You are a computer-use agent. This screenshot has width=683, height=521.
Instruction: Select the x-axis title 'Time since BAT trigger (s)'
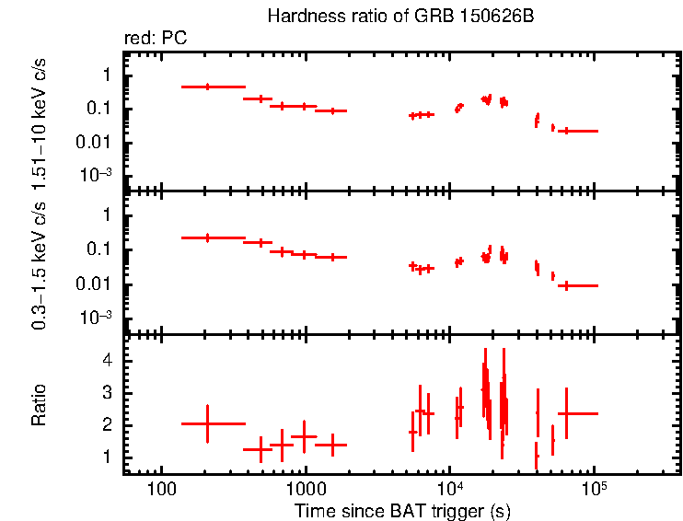402,510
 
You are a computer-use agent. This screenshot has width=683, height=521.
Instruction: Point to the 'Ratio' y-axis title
39,405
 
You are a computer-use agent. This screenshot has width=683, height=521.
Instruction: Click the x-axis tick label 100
162,489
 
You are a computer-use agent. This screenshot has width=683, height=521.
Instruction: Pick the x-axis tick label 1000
306,489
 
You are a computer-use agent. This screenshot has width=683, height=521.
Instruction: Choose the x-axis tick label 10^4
449,488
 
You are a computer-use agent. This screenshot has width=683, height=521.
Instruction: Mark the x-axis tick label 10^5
594,488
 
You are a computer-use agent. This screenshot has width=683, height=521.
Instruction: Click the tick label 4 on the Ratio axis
109,361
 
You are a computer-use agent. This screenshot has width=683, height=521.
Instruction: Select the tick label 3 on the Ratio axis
109,393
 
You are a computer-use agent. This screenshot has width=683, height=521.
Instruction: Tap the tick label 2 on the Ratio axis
109,425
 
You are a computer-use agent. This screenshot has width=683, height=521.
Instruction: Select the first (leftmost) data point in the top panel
207,87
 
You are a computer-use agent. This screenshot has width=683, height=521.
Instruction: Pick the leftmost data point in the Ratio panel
207,423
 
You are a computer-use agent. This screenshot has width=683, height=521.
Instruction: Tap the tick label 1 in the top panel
109,75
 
